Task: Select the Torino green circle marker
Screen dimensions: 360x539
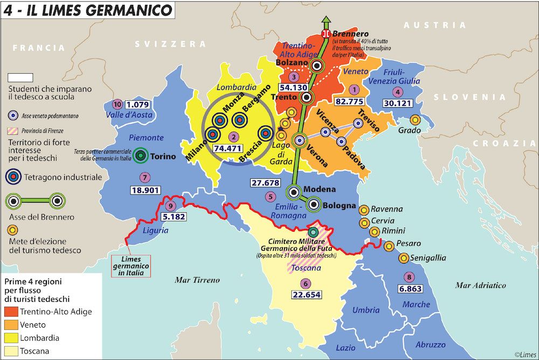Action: pyautogui.click(x=141, y=156)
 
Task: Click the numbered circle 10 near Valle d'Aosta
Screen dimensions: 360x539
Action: pyautogui.click(x=118, y=103)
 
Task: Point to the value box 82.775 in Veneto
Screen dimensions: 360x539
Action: pyautogui.click(x=354, y=101)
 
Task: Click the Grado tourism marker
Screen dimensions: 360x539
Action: pyautogui.click(x=415, y=120)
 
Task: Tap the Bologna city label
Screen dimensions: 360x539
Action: pyautogui.click(x=339, y=205)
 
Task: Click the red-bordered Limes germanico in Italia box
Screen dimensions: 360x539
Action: pyautogui.click(x=132, y=266)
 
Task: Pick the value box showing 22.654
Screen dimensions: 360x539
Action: pyautogui.click(x=306, y=295)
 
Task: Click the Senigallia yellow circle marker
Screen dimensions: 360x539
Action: pyautogui.click(x=403, y=258)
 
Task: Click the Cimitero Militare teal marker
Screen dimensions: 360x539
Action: pyautogui.click(x=313, y=232)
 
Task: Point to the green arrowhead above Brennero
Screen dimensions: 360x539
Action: pyautogui.click(x=326, y=22)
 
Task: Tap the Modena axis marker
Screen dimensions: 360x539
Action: pyautogui.click(x=294, y=191)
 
